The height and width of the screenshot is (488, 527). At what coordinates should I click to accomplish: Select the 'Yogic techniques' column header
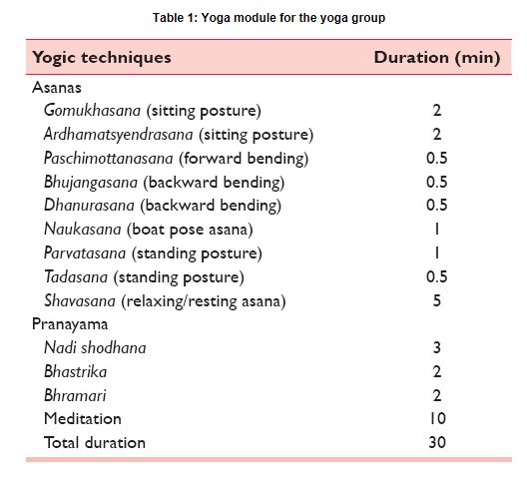102,57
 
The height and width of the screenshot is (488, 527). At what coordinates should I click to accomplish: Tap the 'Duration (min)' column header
436,57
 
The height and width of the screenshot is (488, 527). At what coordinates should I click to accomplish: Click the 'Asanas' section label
58,87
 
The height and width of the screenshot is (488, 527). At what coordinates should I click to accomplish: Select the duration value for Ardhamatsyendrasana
437,135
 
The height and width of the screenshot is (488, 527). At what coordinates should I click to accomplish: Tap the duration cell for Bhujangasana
437,183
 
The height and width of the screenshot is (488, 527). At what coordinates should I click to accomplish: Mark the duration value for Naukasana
437,230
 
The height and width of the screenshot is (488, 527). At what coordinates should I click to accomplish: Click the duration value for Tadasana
437,277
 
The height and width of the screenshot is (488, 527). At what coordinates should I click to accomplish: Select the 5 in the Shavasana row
437,301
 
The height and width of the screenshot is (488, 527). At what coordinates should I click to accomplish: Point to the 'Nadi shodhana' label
95,347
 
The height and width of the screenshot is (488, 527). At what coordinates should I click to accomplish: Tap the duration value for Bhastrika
437,371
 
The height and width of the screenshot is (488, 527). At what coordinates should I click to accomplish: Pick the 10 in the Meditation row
437,419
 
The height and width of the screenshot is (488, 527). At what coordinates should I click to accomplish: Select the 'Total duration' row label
95,442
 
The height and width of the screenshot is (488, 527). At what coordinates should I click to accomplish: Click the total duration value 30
437,442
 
